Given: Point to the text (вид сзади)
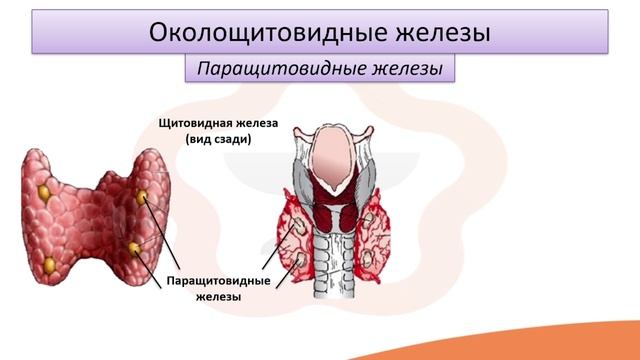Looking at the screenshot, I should coord(217,141).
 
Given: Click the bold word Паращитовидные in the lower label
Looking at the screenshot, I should coord(216,280).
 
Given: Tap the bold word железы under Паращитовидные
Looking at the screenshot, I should coord(216,296).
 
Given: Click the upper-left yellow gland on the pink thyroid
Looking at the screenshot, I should coord(45,188).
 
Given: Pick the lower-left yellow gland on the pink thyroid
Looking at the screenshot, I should coord(49,264).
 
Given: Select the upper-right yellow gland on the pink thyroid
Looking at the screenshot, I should coord(142,197).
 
